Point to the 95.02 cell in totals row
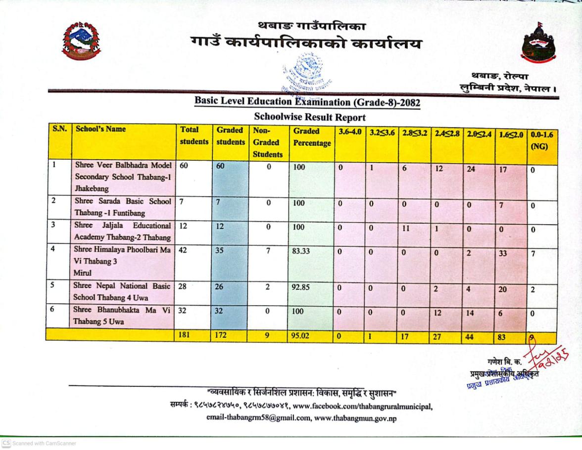[x=300, y=336]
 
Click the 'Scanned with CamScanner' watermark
[x=39, y=443]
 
